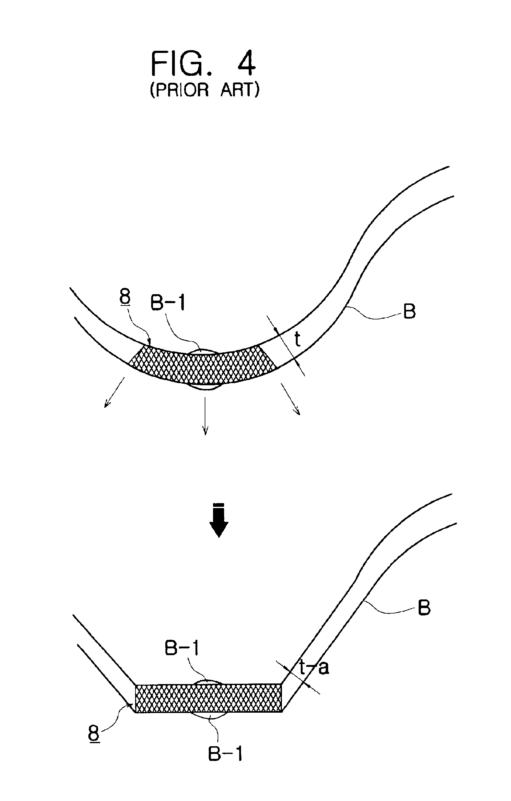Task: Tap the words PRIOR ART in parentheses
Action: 205,90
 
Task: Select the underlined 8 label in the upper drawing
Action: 125,297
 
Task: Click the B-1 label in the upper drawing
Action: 168,303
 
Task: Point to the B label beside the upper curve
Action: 409,312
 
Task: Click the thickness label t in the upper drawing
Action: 298,340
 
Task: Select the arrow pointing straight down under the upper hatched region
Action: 205,416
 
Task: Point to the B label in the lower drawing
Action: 424,607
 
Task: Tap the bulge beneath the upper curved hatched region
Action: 205,387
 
